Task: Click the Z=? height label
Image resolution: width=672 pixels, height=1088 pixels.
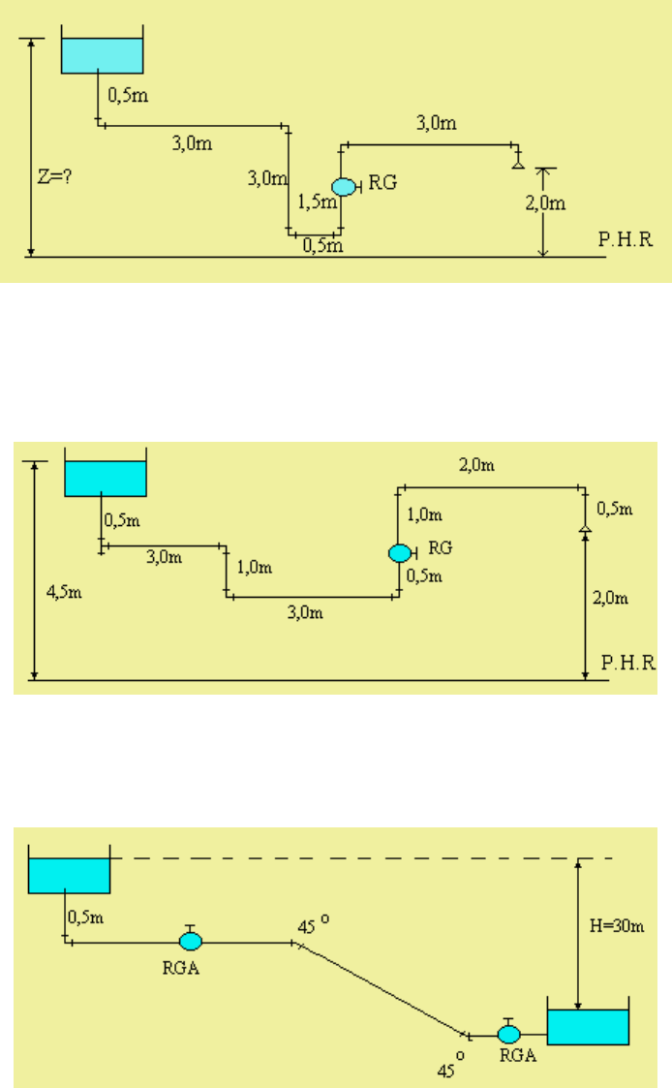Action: [x=55, y=177]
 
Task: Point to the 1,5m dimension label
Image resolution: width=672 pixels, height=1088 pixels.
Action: [x=317, y=202]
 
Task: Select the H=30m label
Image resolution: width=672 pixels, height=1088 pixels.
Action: [x=617, y=925]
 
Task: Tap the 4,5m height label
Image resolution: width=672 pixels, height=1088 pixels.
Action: [x=64, y=592]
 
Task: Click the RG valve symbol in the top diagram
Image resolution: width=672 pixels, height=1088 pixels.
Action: [x=345, y=187]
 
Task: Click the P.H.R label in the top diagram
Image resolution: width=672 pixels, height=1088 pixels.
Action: [x=626, y=239]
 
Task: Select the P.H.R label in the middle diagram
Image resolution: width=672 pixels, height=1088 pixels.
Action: [x=628, y=663]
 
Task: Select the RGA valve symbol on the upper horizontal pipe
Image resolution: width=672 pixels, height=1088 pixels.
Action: [x=191, y=939]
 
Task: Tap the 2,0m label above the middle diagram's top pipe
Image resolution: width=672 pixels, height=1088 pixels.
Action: [x=476, y=465]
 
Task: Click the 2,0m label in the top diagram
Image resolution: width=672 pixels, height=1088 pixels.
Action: [x=545, y=203]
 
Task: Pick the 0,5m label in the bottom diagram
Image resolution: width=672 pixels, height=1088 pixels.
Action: [x=86, y=917]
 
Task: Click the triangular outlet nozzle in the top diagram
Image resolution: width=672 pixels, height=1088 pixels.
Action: [x=517, y=164]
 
